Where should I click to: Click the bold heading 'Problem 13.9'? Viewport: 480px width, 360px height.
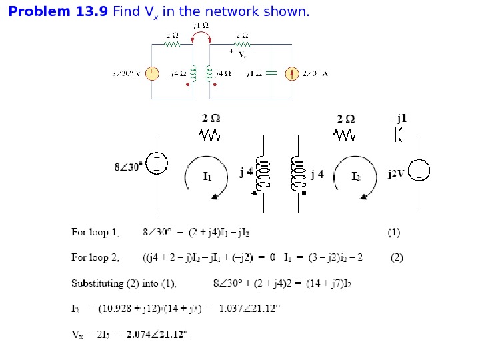coord(58,12)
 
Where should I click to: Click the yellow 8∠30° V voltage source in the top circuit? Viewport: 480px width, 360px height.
coord(152,73)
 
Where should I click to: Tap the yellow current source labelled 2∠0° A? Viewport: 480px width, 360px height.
coord(291,74)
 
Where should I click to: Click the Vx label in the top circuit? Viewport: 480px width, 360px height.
coord(242,55)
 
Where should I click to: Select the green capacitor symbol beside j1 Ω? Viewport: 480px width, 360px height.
coord(271,74)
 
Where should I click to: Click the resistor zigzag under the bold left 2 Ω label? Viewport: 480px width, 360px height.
coord(211,135)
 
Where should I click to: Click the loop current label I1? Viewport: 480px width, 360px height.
coord(208,177)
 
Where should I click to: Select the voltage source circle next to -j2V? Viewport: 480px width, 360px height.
coord(419,170)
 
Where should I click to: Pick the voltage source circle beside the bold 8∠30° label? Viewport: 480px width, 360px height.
coord(157,163)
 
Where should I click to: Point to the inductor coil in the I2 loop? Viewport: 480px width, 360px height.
coord(296,174)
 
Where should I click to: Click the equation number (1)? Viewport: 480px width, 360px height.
coord(394,233)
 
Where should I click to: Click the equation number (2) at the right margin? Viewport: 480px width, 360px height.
coord(397,257)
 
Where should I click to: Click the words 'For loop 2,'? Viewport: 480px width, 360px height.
coord(95,257)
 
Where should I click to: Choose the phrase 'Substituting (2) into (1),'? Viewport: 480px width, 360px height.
coord(124,283)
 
